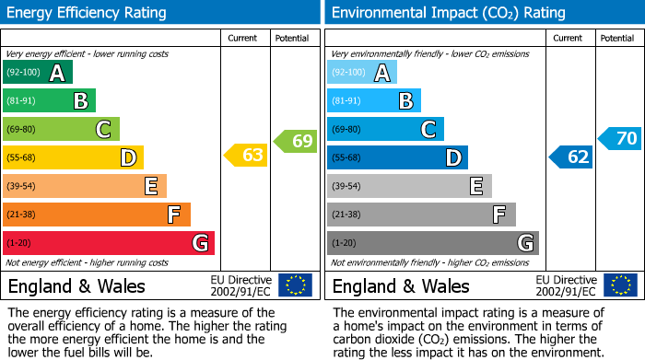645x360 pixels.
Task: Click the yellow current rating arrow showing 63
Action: click(x=246, y=156)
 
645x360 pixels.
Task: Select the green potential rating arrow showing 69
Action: click(x=296, y=142)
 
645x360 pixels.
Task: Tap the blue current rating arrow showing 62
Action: click(x=570, y=157)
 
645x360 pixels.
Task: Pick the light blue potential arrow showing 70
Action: click(x=620, y=139)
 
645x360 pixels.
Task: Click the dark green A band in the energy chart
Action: click(x=37, y=73)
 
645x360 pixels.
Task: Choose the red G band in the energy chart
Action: click(x=108, y=243)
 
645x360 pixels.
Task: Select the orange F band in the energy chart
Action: click(x=96, y=215)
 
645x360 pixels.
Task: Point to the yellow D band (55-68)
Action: click(x=72, y=157)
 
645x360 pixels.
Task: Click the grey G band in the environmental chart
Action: click(x=432, y=243)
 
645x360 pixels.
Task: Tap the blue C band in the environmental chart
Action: click(x=385, y=129)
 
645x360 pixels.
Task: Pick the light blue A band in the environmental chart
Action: click(x=361, y=73)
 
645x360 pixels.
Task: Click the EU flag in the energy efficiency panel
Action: click(x=295, y=285)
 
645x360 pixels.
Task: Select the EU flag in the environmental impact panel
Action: click(x=620, y=285)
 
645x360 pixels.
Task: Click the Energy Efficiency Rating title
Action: click(x=88, y=13)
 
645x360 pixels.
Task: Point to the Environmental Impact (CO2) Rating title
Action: click(x=448, y=13)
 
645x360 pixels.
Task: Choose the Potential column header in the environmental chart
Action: click(x=617, y=38)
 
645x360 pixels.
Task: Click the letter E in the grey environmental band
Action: click(x=475, y=186)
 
